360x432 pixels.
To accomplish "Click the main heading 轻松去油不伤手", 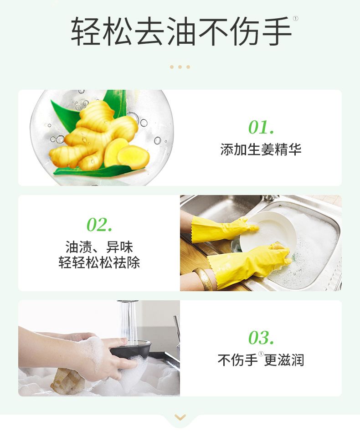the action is pos(181,31).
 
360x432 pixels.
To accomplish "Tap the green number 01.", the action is pos(261,127).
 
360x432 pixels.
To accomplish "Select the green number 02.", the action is pos(99,225).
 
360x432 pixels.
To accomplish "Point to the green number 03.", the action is pos(261,338).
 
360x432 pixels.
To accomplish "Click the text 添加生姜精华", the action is pos(261,149).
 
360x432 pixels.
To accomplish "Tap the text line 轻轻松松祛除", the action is pos(99,262).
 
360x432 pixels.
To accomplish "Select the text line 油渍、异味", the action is pos(99,247).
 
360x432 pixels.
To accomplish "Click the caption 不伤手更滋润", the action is pos(261,360).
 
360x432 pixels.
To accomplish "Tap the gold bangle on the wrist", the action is pos(204,278).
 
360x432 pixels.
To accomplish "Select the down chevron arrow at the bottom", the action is pos(180,417).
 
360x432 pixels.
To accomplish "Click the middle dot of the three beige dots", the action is pos(180,67).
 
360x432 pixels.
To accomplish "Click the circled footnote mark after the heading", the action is pos(295,19).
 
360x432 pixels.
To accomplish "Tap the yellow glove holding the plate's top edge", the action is pos(223,229).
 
